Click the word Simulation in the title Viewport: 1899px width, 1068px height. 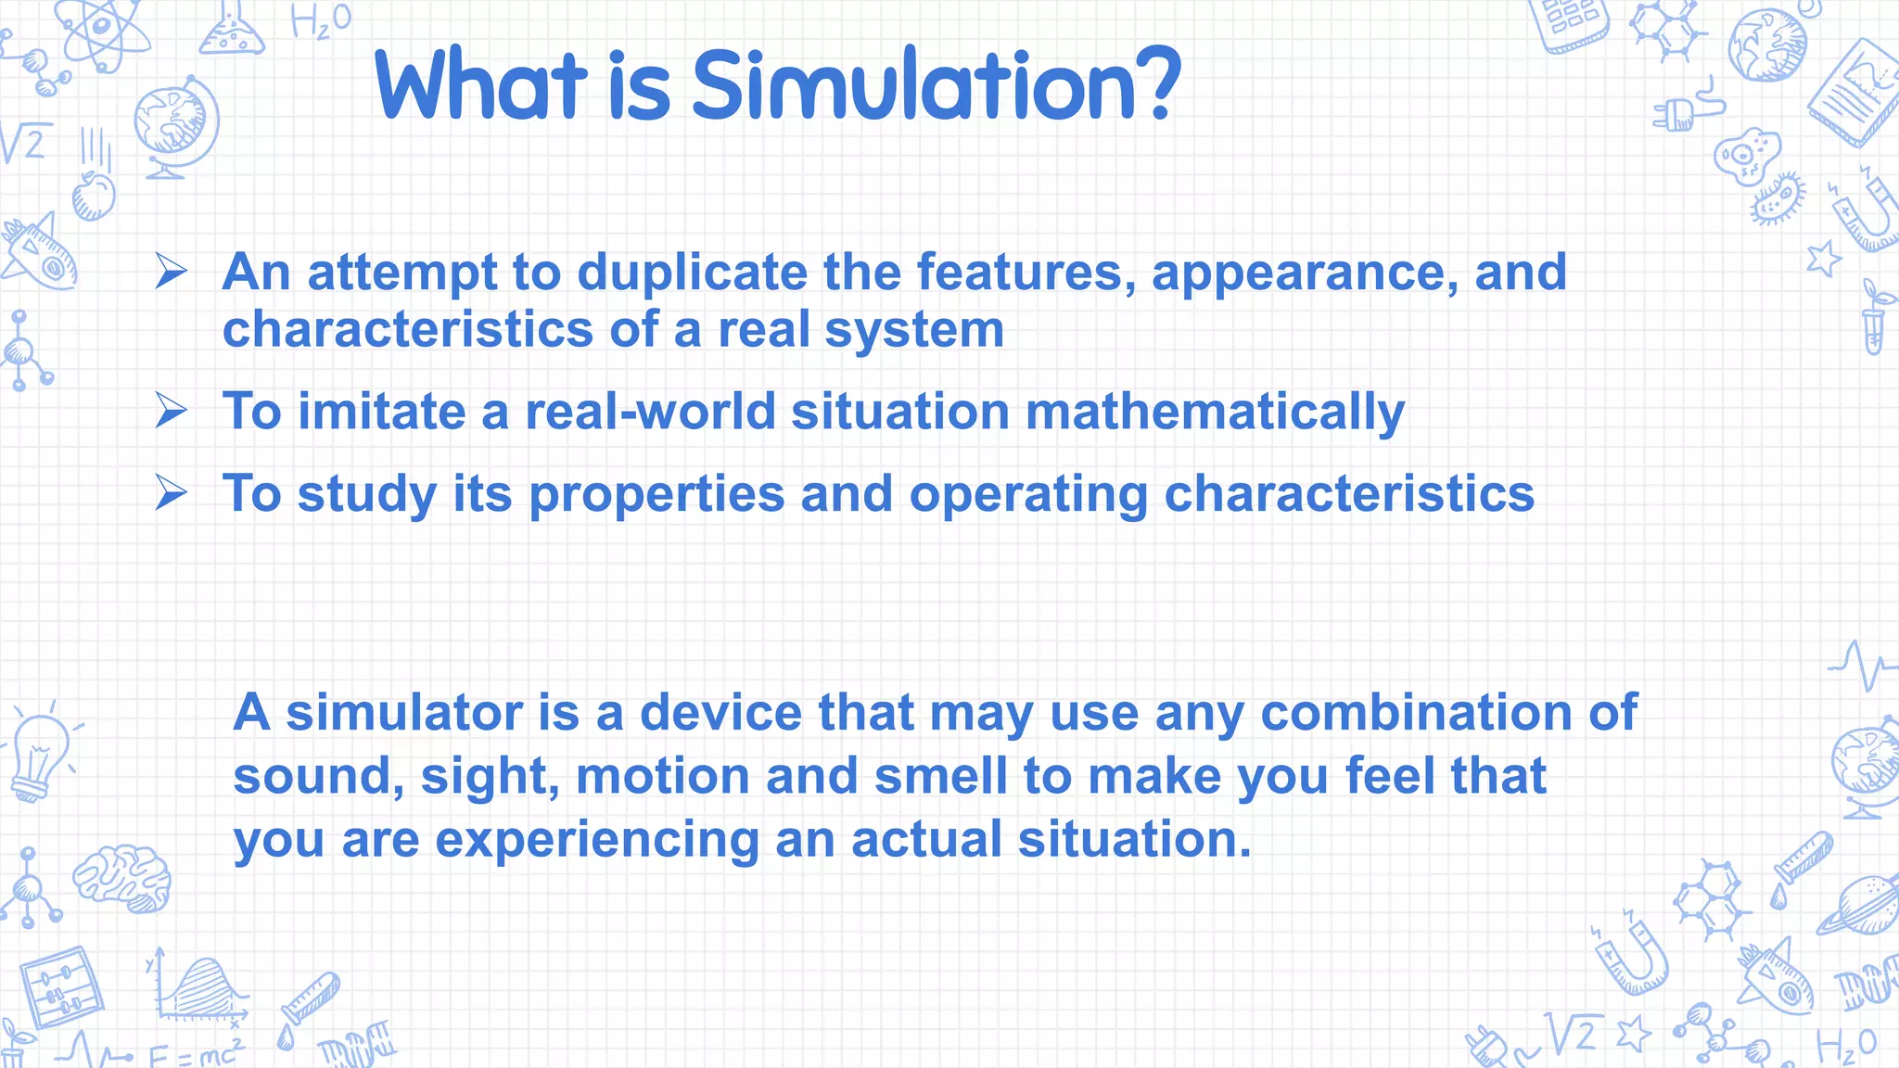point(913,85)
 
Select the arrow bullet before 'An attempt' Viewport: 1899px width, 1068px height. point(172,272)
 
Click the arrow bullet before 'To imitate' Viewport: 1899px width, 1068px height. point(172,410)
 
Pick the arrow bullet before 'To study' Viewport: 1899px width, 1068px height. point(172,492)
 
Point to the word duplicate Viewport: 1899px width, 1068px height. point(692,273)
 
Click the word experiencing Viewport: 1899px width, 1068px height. point(597,840)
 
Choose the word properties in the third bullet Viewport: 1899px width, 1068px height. point(656,494)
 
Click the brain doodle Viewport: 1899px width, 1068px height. point(122,876)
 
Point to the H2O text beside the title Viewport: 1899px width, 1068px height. point(321,20)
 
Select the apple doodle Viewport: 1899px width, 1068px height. point(94,195)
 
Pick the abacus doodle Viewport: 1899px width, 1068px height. point(60,987)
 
